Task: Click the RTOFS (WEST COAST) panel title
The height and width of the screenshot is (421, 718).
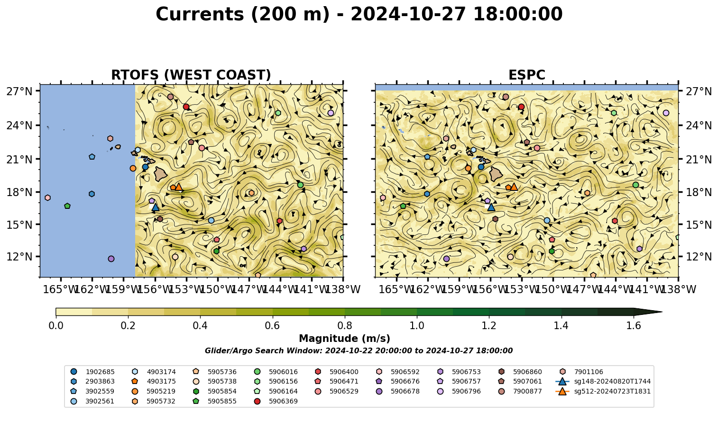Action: tap(191, 75)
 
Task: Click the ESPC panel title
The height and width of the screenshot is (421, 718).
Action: tap(526, 75)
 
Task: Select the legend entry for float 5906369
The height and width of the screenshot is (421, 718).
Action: tap(277, 401)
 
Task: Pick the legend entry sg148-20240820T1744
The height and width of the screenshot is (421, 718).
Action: tap(603, 381)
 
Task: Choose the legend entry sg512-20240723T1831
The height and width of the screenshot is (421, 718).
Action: tap(603, 391)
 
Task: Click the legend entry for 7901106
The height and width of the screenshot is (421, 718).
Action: tap(582, 372)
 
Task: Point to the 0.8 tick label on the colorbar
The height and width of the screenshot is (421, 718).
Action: tap(345, 326)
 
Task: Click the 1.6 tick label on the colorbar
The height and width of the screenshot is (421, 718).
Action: tap(634, 326)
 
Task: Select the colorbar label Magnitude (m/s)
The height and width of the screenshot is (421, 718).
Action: tap(345, 339)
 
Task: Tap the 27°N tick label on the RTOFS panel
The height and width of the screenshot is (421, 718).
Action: tap(19, 91)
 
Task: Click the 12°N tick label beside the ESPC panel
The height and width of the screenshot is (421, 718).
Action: tap(699, 257)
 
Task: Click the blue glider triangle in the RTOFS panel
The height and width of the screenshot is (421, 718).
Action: tap(156, 207)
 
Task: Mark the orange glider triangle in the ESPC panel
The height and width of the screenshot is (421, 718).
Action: tap(514, 187)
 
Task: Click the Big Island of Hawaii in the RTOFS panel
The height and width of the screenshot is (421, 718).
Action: tap(161, 174)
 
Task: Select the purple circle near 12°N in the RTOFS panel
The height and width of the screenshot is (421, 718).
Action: tap(111, 259)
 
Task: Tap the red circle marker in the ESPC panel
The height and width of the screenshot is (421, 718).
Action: tap(521, 107)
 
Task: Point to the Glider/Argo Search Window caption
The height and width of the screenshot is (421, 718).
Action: tap(359, 350)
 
